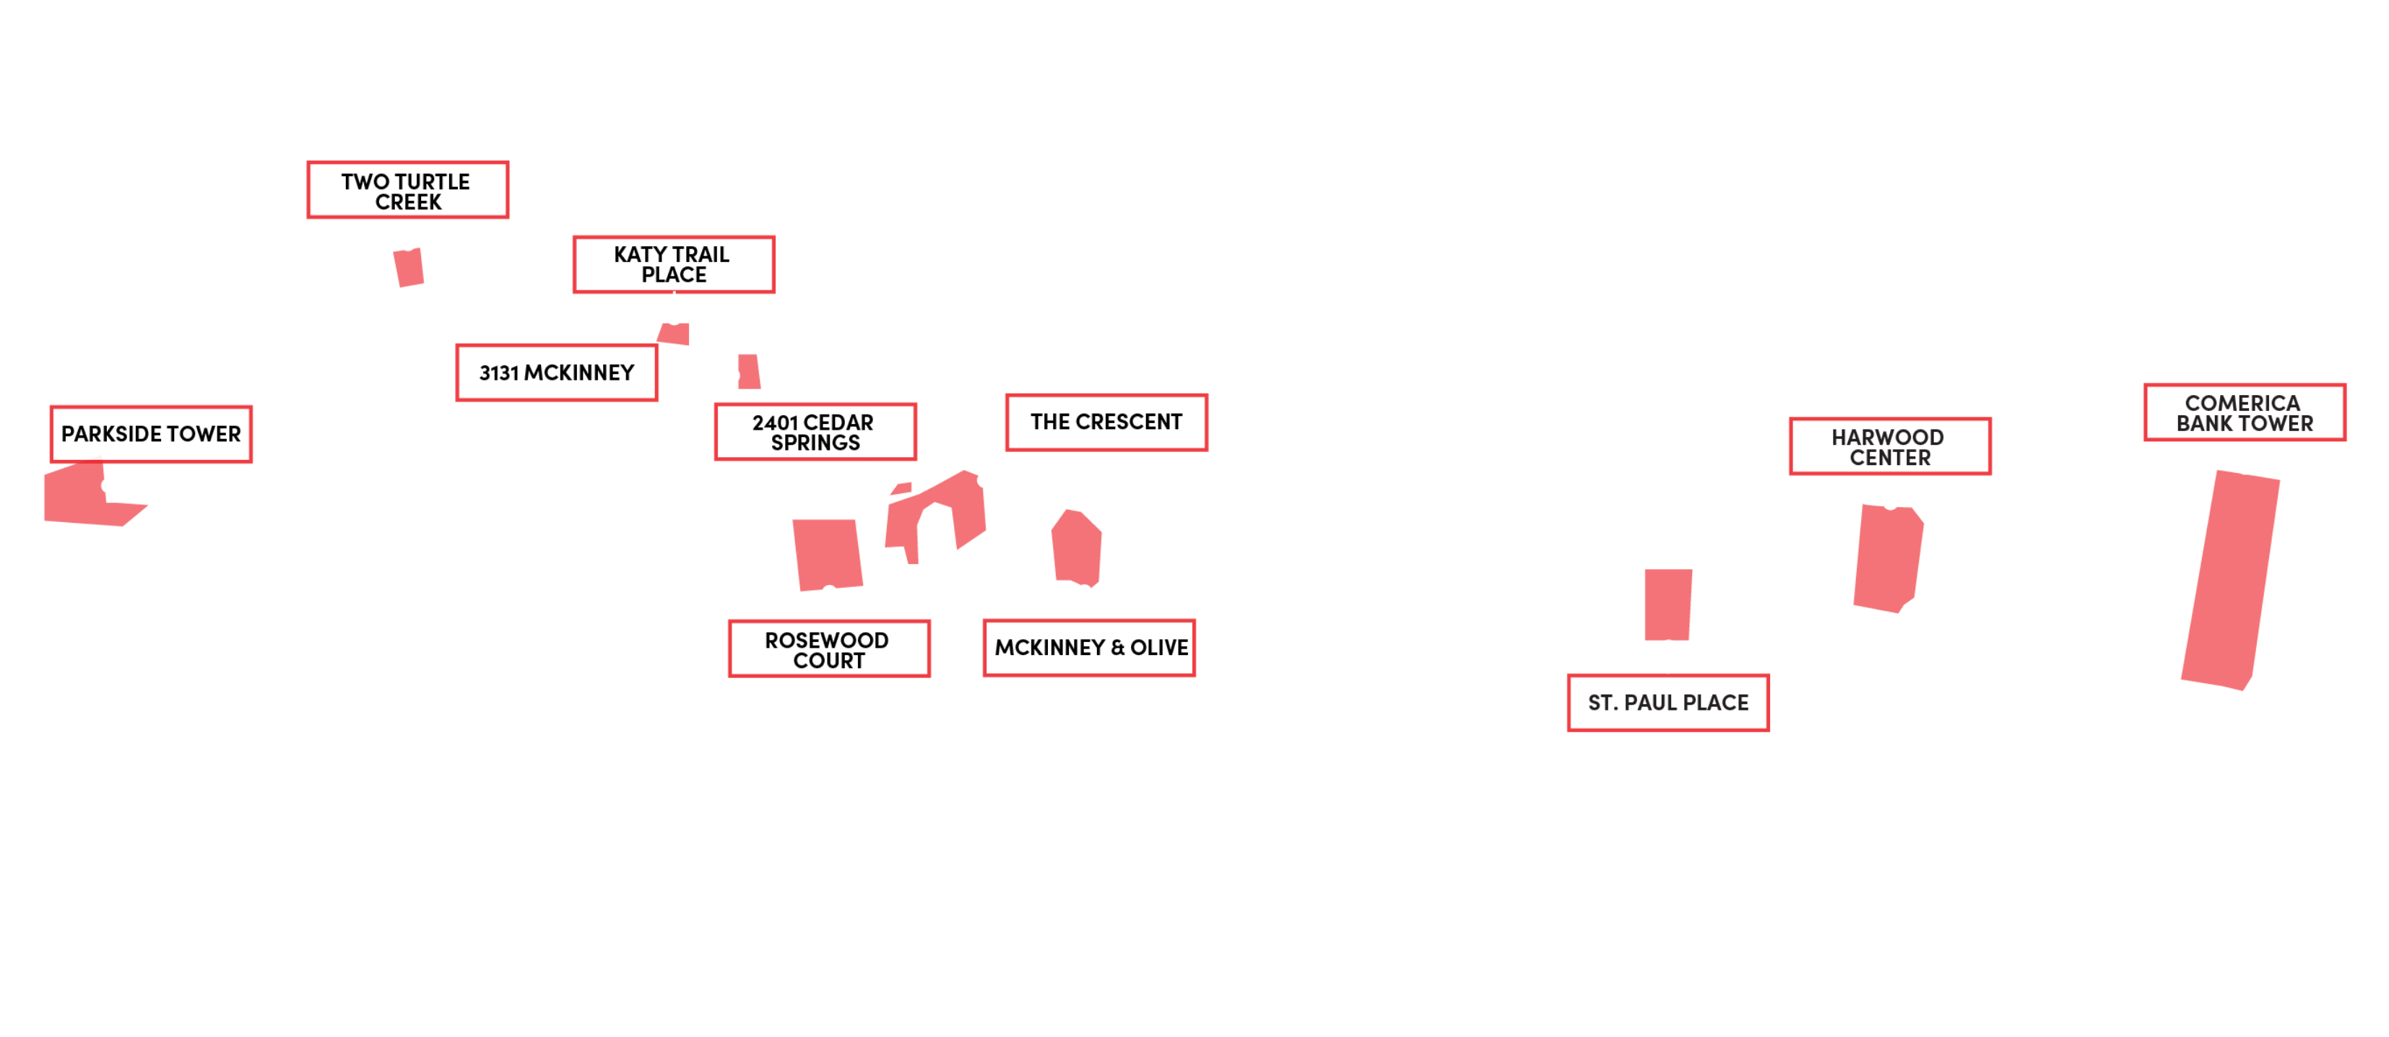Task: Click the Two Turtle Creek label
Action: [x=407, y=191]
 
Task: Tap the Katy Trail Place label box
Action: [x=673, y=264]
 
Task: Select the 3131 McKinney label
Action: [x=556, y=373]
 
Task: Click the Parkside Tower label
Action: [x=150, y=434]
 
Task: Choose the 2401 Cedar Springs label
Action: [x=814, y=433]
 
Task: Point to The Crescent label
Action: [x=1106, y=422]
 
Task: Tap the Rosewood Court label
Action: [x=828, y=649]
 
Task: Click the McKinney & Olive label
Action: [x=1090, y=648]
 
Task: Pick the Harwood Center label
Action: [x=1889, y=447]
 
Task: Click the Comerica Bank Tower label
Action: [x=2245, y=413]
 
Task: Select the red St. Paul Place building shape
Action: [x=1668, y=603]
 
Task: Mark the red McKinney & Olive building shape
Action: [x=1077, y=547]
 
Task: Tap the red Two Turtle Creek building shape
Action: [x=409, y=267]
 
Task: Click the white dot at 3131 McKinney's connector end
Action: [x=732, y=376]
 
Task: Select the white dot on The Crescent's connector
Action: [x=985, y=480]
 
